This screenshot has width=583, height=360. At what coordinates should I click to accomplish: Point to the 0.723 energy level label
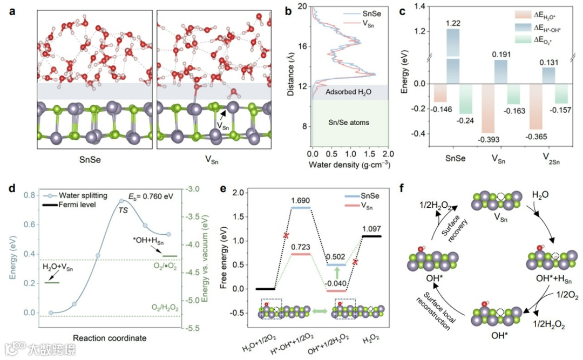click(301, 247)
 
